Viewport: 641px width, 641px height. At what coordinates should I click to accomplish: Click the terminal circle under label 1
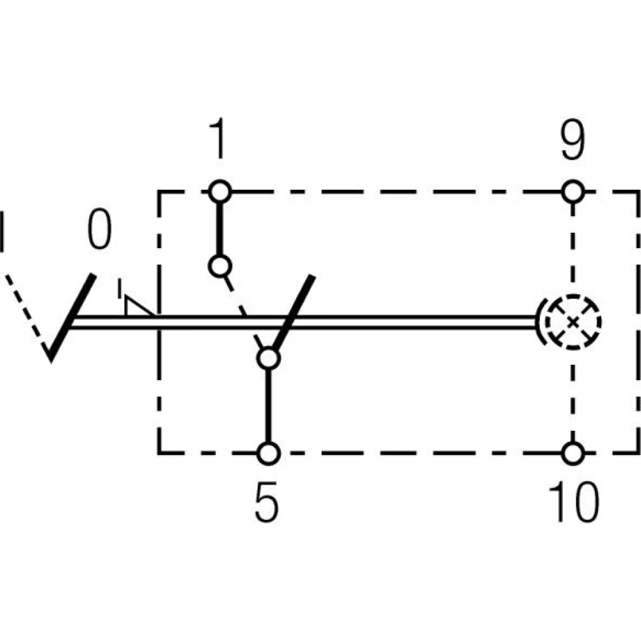pyautogui.click(x=220, y=191)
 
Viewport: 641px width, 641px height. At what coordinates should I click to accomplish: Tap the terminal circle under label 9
pyautogui.click(x=572, y=191)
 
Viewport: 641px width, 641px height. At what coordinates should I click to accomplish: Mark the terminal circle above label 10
pyautogui.click(x=572, y=453)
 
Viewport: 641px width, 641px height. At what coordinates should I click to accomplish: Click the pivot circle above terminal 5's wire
pyautogui.click(x=268, y=358)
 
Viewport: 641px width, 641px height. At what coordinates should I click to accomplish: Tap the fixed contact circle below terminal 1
pyautogui.click(x=220, y=265)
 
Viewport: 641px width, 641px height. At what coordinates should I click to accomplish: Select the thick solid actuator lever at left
pyautogui.click(x=72, y=317)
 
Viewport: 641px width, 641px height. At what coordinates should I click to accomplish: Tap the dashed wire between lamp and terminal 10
pyautogui.click(x=572, y=397)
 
